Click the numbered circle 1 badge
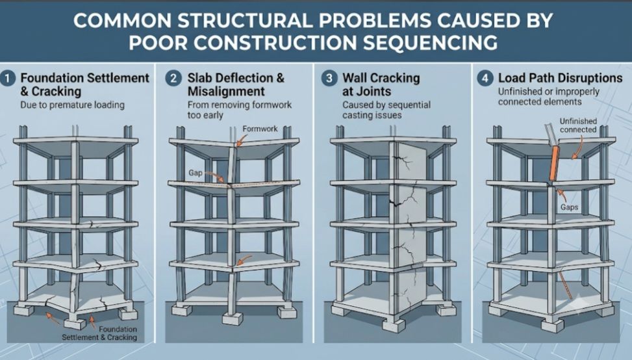tap(8, 78)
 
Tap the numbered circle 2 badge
tap(173, 78)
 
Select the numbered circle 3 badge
tap(329, 78)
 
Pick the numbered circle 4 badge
tap(485, 78)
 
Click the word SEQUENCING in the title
tap(429, 43)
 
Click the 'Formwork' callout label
tap(260, 129)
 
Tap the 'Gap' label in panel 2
tap(196, 173)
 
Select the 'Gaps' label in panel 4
tap(569, 207)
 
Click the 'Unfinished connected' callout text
tap(578, 125)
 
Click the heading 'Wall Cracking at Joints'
tap(381, 84)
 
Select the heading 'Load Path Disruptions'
tap(561, 78)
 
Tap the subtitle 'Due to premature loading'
tap(73, 105)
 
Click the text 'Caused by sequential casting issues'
tap(386, 110)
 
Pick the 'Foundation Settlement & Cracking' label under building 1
tap(99, 333)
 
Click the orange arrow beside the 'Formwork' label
tap(242, 140)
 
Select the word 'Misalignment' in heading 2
tap(226, 92)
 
